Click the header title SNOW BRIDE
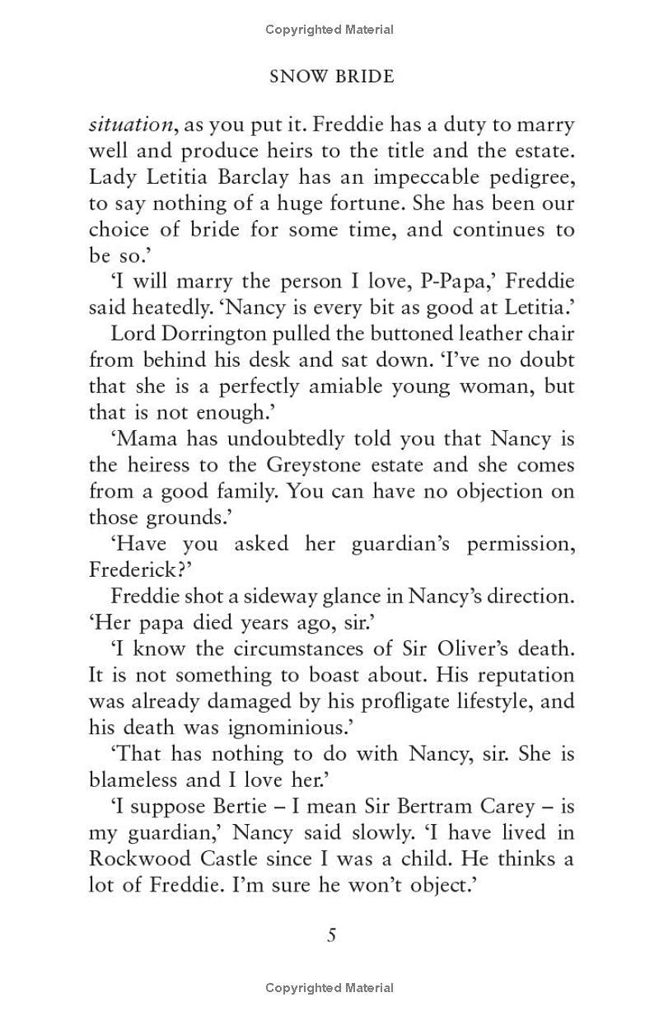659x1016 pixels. point(332,77)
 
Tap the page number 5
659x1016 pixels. point(331,935)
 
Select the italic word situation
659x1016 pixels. point(131,125)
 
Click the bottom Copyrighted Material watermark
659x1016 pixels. point(329,987)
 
